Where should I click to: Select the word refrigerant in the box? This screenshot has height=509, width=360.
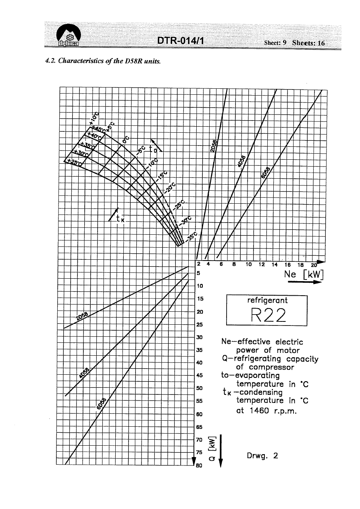[267, 300]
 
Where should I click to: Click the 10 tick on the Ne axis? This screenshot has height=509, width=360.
[248, 265]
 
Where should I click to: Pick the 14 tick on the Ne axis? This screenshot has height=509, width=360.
[275, 265]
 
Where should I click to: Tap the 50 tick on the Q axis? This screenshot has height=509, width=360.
[199, 388]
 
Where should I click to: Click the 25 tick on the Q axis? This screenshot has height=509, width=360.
[199, 324]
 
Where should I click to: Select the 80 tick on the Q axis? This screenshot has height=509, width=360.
[199, 465]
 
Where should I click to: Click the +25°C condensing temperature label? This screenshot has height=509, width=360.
[75, 162]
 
